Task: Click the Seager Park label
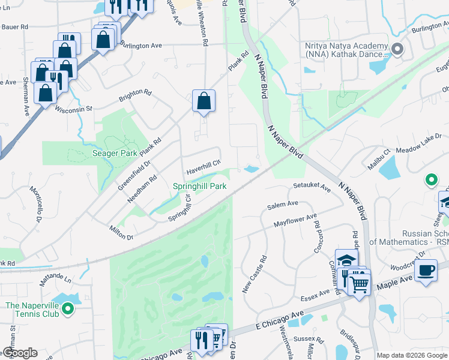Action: point(114,153)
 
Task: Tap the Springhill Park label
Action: point(200,186)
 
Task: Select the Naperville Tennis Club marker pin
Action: point(68,309)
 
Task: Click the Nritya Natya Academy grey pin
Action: point(396,49)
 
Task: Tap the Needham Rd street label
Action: point(142,187)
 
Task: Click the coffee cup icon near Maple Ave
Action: point(426,270)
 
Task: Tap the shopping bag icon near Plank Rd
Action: point(203,101)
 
